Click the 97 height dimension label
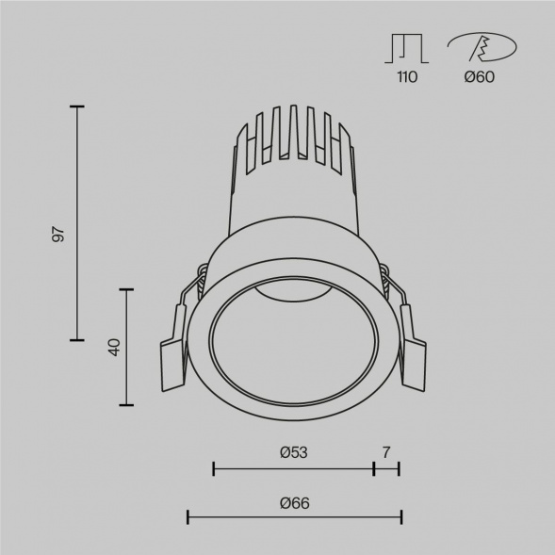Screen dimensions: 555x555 [x=58, y=235]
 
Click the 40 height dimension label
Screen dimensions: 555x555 [x=114, y=347]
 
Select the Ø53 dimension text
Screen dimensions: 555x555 [x=294, y=452]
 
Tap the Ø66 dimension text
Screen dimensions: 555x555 [x=294, y=503]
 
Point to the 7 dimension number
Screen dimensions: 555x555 [x=386, y=452]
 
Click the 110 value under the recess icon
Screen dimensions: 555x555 [x=407, y=77]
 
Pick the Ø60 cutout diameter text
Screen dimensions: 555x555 [x=479, y=77]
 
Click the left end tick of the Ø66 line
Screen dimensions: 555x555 [x=188, y=515]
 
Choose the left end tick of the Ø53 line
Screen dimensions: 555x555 [x=215, y=466]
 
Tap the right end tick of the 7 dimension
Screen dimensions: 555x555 [x=400, y=466]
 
